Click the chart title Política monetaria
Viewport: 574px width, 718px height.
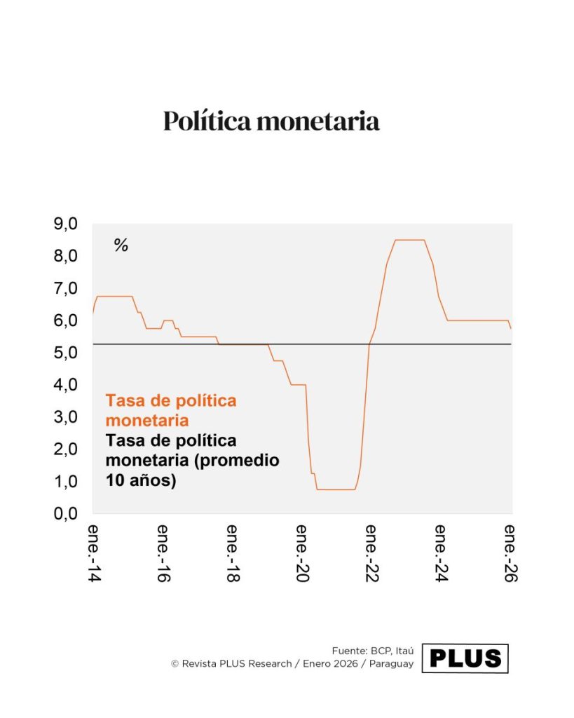coord(271,121)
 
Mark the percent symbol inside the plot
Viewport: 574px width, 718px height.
coord(121,245)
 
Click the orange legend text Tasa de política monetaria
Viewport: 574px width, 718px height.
coord(171,411)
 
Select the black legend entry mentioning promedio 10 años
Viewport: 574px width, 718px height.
coord(192,461)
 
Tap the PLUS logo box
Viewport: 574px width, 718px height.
coord(465,658)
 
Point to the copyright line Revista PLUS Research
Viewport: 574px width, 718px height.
coord(292,663)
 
